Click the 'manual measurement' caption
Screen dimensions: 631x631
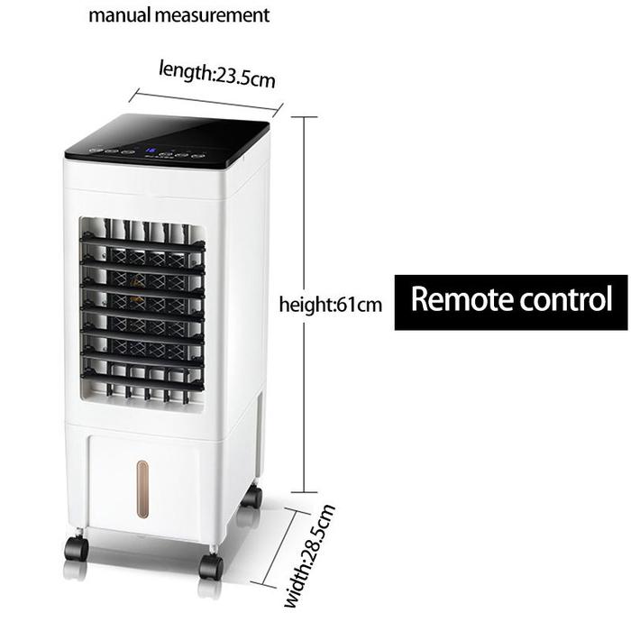pyautogui.click(x=178, y=16)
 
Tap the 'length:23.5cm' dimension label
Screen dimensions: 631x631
pyautogui.click(x=217, y=74)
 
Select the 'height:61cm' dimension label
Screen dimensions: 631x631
pyautogui.click(x=331, y=305)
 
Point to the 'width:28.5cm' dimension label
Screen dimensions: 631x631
pyautogui.click(x=309, y=556)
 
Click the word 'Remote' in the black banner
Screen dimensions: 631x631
pyautogui.click(x=460, y=299)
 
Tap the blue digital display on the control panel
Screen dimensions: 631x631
pyautogui.click(x=151, y=151)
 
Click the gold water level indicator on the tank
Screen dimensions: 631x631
pyautogui.click(x=142, y=489)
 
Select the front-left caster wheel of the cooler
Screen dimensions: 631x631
pyautogui.click(x=76, y=548)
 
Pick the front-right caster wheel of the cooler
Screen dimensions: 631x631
pyautogui.click(x=211, y=566)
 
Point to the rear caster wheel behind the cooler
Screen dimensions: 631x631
pyautogui.click(x=251, y=497)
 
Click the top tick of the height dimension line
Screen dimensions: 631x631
pyautogui.click(x=304, y=117)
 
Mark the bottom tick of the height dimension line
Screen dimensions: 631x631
pyautogui.click(x=304, y=492)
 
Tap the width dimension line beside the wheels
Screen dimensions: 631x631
pyautogui.click(x=280, y=546)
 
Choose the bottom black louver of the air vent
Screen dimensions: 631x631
pyautogui.click(x=142, y=380)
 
